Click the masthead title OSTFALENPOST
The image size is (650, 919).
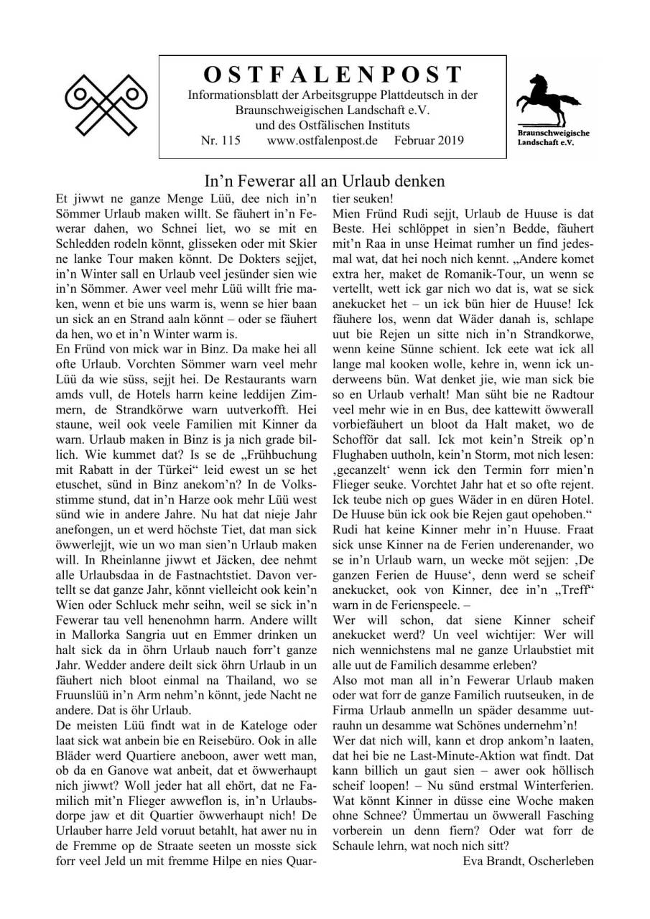(x=333, y=75)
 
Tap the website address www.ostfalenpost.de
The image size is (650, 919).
(x=322, y=140)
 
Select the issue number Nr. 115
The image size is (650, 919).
(x=220, y=140)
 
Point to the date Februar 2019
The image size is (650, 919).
(x=429, y=140)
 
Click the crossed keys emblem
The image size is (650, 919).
(x=106, y=103)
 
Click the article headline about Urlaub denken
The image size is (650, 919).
(x=325, y=180)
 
